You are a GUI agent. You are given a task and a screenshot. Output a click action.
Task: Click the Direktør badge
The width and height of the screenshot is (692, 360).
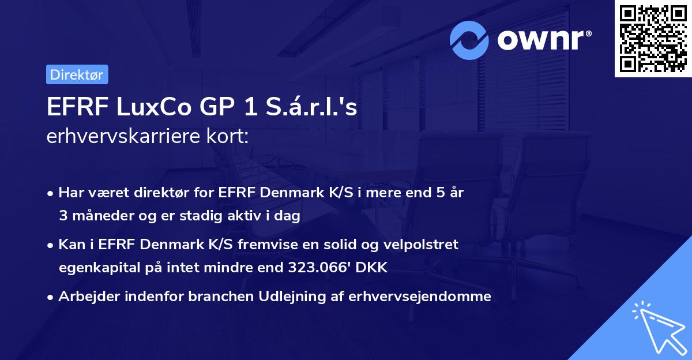point(77,74)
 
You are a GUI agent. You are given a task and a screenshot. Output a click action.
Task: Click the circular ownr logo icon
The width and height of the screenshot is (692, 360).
point(469,40)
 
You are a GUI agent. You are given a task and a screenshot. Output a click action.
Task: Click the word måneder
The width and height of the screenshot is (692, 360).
point(99,216)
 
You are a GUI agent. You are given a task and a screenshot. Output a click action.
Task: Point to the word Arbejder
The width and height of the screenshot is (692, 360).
point(85,297)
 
